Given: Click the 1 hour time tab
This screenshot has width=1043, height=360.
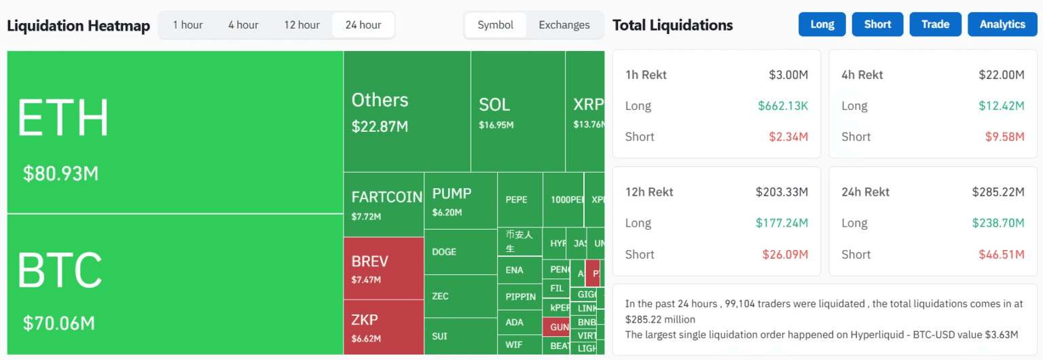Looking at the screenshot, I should click(187, 25).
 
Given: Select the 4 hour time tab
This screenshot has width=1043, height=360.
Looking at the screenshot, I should click(243, 25).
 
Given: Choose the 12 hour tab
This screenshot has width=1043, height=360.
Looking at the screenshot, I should click(301, 25).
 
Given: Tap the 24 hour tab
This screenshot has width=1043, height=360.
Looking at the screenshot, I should click(363, 25).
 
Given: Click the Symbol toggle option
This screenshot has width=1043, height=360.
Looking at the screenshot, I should click(496, 25).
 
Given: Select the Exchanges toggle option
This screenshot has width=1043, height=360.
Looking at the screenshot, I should click(564, 25).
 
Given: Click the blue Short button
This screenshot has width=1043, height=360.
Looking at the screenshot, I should click(877, 24).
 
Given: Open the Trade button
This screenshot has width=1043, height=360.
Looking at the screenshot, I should click(935, 24).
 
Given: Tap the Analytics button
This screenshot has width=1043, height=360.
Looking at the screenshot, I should click(1002, 24).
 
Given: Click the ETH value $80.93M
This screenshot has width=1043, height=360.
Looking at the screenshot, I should click(61, 174).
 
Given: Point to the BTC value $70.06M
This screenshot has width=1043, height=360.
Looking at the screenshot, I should click(59, 323).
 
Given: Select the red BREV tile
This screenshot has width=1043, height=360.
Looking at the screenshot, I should click(383, 268).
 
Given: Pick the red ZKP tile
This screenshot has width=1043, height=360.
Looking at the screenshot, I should click(383, 327).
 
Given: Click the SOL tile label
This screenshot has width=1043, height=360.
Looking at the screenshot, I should click(494, 105).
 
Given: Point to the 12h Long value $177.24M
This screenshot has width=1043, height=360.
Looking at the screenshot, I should click(782, 223).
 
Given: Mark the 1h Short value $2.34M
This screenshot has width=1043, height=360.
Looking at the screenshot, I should click(788, 137).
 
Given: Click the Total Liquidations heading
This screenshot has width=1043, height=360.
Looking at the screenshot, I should click(672, 26).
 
